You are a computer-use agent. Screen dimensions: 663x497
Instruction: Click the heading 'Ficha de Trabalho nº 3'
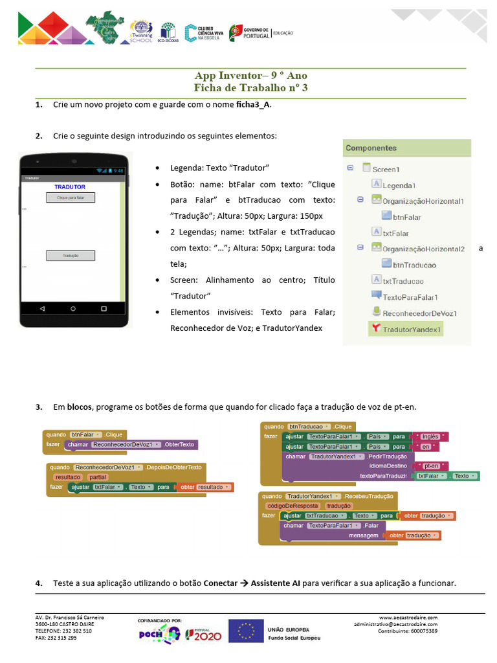pyautogui.click(x=250, y=87)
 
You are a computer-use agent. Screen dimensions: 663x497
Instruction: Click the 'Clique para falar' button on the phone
pyautogui.click(x=71, y=197)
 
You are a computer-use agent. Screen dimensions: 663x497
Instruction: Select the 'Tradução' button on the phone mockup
pyautogui.click(x=71, y=256)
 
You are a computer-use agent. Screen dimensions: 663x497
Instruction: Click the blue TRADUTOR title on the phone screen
pyautogui.click(x=70, y=187)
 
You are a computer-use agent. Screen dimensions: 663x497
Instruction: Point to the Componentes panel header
pyautogui.click(x=371, y=148)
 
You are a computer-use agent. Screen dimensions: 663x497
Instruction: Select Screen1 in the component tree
pyautogui.click(x=386, y=169)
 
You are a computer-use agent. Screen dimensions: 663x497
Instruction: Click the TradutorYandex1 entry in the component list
pyautogui.click(x=412, y=330)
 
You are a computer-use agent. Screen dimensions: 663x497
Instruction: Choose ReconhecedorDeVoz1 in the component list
pyautogui.click(x=419, y=313)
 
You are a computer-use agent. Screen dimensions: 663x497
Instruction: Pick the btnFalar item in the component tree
pyautogui.click(x=406, y=218)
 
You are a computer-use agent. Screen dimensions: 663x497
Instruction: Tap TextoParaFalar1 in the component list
pyautogui.click(x=410, y=297)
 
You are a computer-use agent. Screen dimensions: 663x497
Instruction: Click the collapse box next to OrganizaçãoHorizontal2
pyautogui.click(x=360, y=247)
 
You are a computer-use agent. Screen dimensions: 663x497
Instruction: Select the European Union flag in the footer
pyautogui.click(x=246, y=631)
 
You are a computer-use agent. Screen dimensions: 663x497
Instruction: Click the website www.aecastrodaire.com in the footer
pyautogui.click(x=408, y=618)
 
